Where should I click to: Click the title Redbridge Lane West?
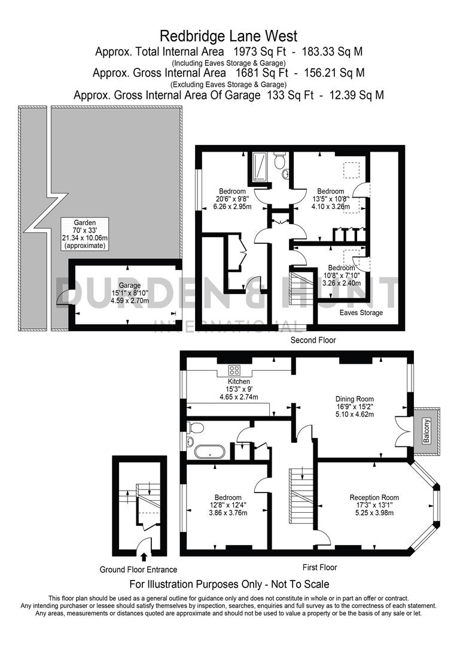click(228, 37)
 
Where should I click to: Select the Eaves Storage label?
click(361, 313)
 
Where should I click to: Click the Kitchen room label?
click(239, 381)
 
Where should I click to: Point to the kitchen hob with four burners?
click(234, 370)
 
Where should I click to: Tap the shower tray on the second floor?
click(261, 166)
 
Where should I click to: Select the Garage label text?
click(129, 285)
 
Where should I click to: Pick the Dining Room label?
click(355, 399)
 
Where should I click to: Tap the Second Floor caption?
click(313, 340)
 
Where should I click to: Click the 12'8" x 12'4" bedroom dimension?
click(228, 506)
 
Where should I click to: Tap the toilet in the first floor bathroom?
click(195, 427)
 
